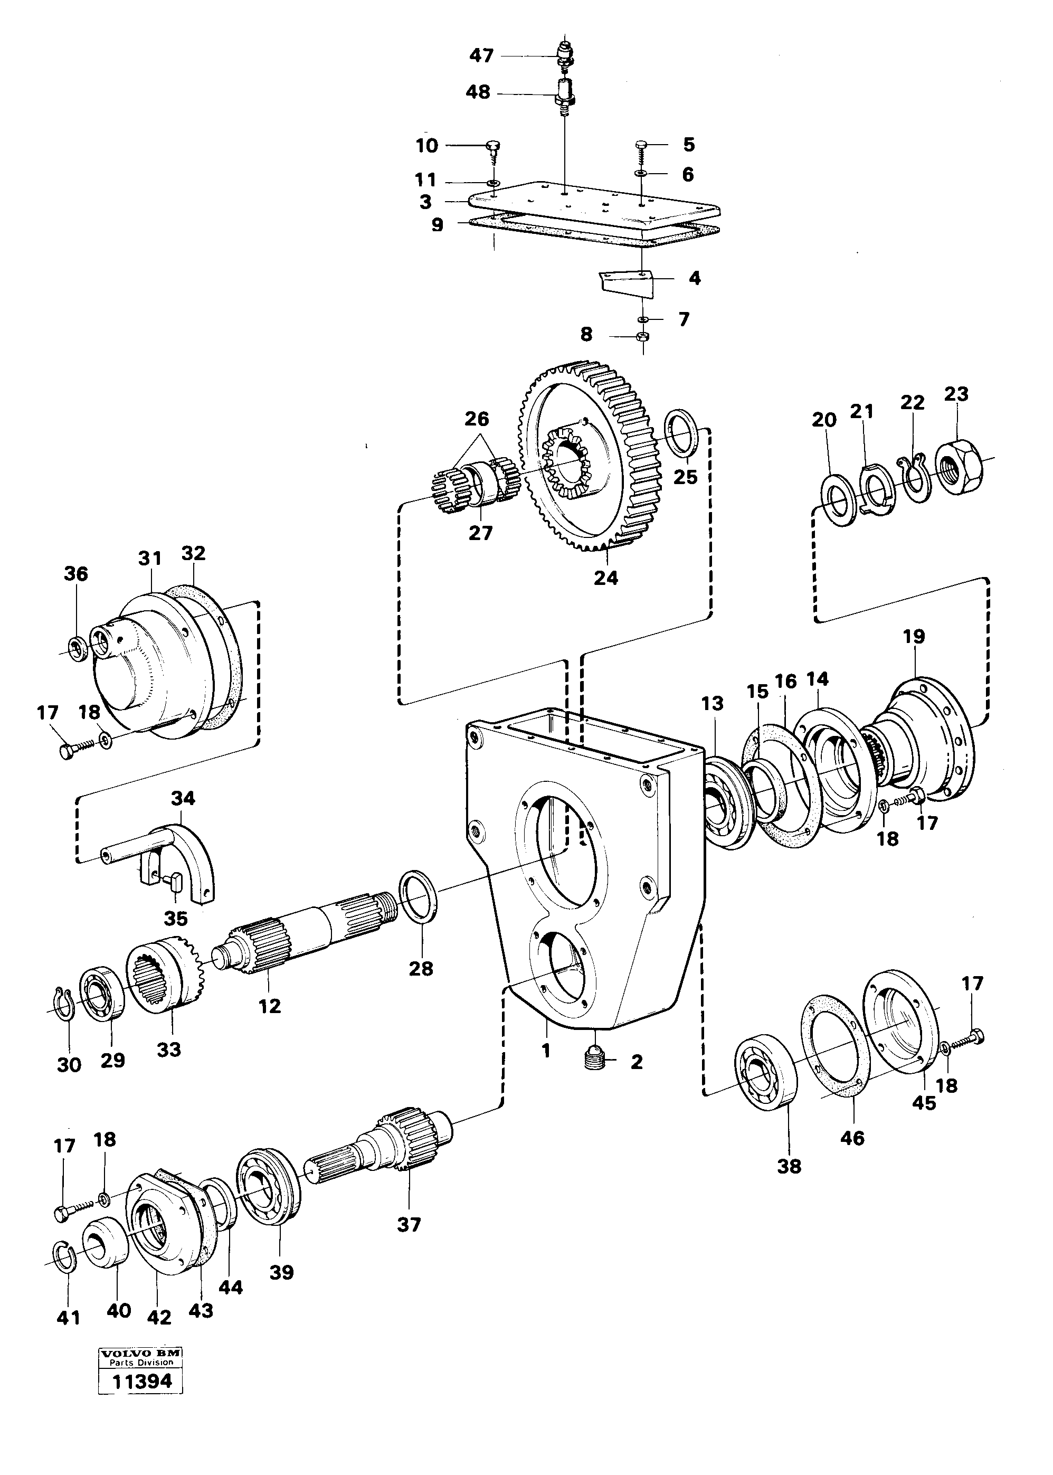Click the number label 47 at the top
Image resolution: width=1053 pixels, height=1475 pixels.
[x=481, y=56]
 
